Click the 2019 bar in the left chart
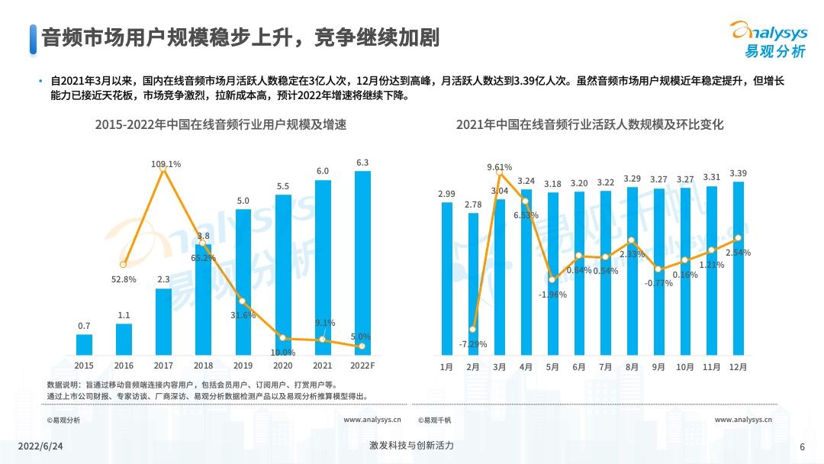tap(243, 282)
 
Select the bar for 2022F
tap(363, 263)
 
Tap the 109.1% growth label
tap(166, 163)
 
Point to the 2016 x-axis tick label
tap(124, 366)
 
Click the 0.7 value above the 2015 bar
tap(84, 326)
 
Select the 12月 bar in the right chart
tap(738, 269)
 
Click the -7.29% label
tap(473, 344)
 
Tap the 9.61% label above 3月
tap(499, 167)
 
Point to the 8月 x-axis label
tap(632, 366)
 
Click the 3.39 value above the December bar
tap(738, 173)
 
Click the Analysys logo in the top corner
tap(768, 38)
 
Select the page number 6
tap(802, 446)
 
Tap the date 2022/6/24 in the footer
tap(40, 446)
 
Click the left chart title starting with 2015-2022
tap(220, 124)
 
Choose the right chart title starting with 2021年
tap(589, 124)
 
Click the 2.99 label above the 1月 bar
tap(446, 195)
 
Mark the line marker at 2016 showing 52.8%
tap(124, 264)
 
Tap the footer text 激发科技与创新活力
tap(411, 446)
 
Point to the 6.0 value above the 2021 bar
tap(323, 171)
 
